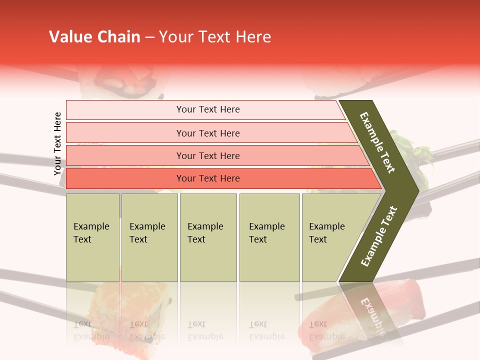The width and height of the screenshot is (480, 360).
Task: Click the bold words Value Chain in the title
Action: click(94, 37)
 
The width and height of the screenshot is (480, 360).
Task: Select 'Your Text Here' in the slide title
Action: click(215, 37)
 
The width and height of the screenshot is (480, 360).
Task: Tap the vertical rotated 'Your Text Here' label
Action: click(57, 143)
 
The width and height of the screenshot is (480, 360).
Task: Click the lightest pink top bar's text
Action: click(208, 109)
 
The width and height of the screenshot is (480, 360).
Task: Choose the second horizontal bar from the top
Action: click(208, 133)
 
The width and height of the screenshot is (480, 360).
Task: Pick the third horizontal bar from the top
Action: click(208, 156)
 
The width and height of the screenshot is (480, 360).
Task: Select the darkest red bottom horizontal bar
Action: click(208, 178)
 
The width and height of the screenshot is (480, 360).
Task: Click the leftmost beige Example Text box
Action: click(92, 237)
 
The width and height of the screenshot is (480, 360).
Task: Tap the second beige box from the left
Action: click(149, 237)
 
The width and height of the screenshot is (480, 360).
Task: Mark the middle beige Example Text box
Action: click(208, 237)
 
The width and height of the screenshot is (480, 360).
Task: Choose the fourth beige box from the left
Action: click(269, 237)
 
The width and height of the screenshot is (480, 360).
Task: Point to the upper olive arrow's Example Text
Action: click(377, 142)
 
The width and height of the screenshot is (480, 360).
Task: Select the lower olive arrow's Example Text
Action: click(379, 236)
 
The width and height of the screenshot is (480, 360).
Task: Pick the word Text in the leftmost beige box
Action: click(82, 239)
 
